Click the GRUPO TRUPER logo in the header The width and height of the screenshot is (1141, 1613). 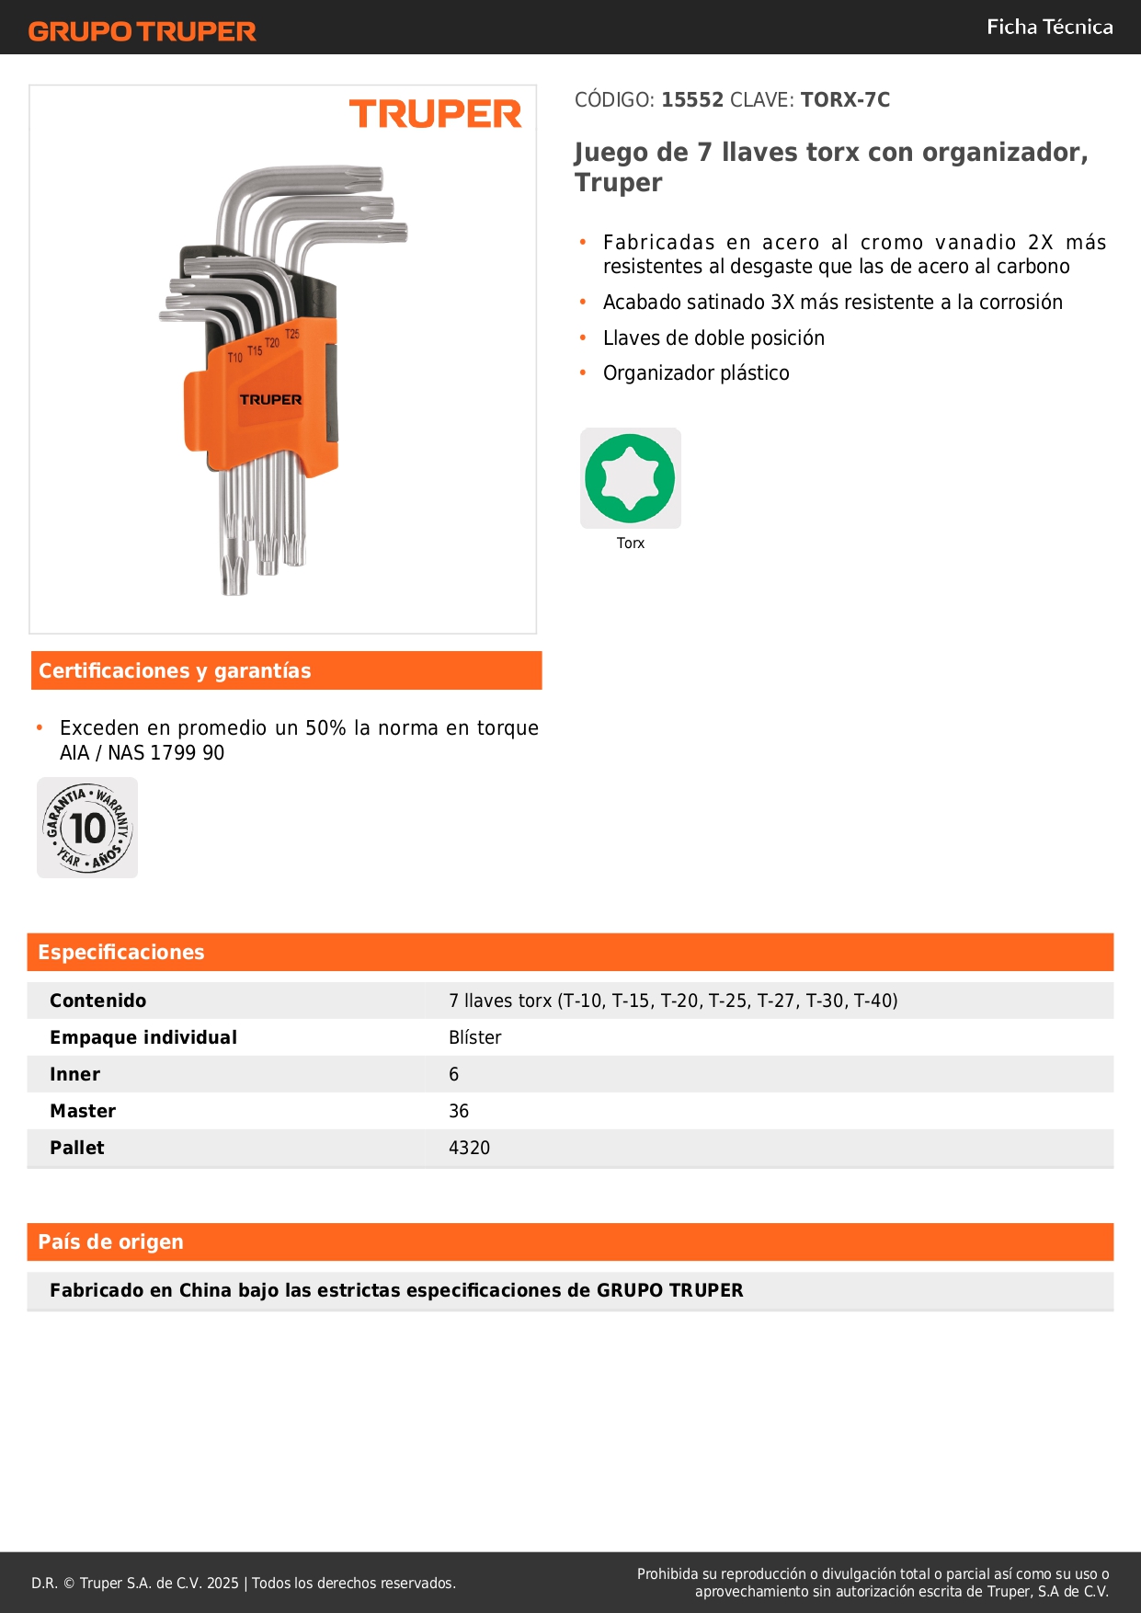tap(142, 31)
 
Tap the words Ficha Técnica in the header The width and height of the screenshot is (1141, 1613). tap(1049, 27)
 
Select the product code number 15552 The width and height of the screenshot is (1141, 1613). tap(692, 99)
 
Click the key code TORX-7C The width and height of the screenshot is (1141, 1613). tap(845, 99)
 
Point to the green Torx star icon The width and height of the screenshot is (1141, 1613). tap(630, 478)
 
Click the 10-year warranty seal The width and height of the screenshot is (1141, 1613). tap(87, 828)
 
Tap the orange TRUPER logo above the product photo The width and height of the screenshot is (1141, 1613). tap(435, 114)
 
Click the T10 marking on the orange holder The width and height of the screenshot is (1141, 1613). tap(235, 357)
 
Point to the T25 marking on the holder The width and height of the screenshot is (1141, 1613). tap(292, 334)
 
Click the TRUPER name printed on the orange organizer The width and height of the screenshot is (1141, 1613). tap(270, 399)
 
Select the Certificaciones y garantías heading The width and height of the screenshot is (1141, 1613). tap(175, 670)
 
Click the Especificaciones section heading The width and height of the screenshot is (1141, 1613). tap(121, 952)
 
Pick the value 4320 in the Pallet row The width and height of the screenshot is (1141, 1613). tap(469, 1148)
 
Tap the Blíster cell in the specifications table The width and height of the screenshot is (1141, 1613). tap(474, 1037)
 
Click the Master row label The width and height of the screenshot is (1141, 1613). tap(83, 1111)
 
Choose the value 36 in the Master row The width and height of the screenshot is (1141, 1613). tap(459, 1111)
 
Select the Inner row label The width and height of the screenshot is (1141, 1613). tap(74, 1074)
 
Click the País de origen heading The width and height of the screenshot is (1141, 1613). tap(110, 1241)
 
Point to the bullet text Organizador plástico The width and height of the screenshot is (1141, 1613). tap(696, 372)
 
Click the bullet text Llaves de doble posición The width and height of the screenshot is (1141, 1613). tap(713, 337)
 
